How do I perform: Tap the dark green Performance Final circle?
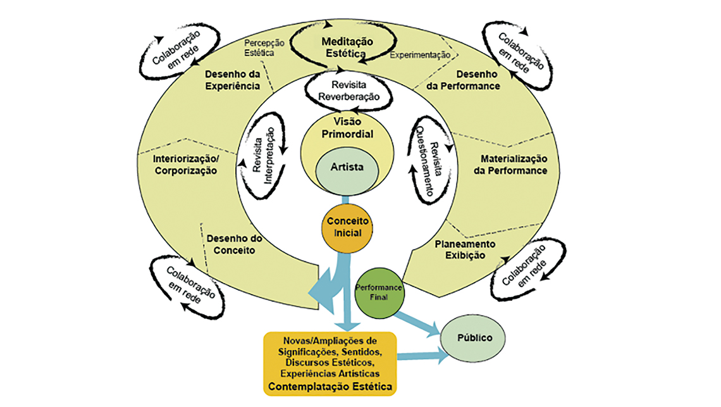[379, 292]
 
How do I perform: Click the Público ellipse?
[475, 338]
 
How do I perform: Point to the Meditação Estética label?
[347, 47]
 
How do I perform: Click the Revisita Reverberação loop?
[347, 91]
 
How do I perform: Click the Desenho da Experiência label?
[232, 80]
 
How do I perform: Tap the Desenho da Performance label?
[469, 80]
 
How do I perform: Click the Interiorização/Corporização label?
[185, 165]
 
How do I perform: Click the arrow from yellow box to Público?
[424, 358]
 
